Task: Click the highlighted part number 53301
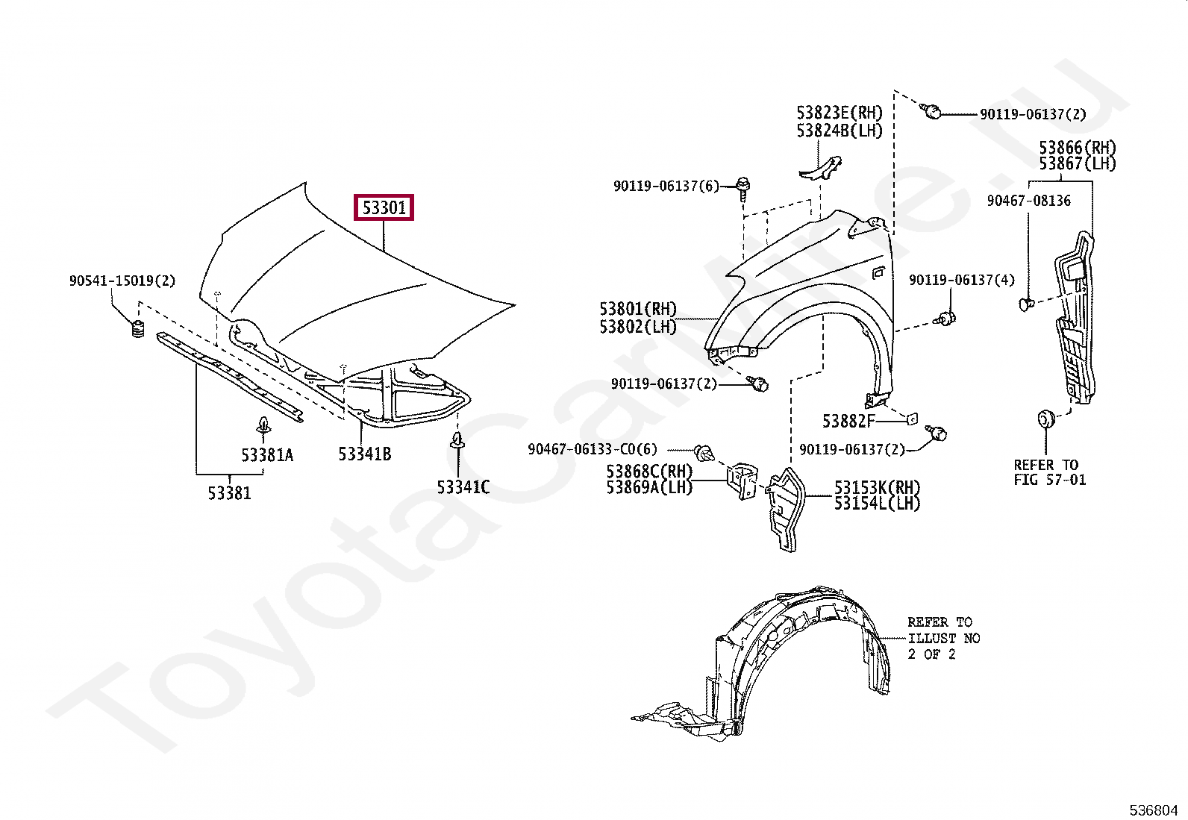(384, 207)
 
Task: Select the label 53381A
(266, 454)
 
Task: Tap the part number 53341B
(364, 454)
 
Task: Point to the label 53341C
(463, 487)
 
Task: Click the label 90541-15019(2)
(122, 281)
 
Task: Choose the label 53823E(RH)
(839, 113)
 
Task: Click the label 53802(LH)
(638, 327)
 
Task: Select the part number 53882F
(848, 422)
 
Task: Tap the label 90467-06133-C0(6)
(593, 449)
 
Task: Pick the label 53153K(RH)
(877, 487)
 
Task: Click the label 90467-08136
(1028, 201)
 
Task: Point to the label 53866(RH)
(1077, 148)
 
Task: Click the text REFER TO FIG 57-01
(1049, 472)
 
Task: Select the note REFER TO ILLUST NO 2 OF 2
(943, 638)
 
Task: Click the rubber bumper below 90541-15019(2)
(137, 329)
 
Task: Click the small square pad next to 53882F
(911, 419)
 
